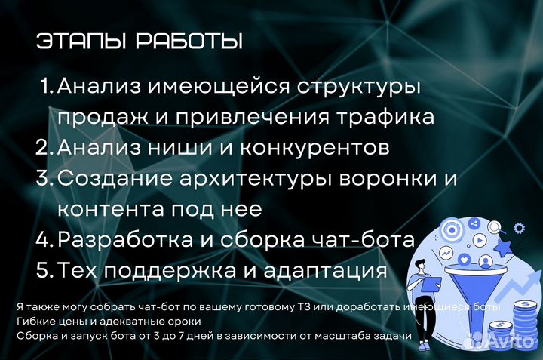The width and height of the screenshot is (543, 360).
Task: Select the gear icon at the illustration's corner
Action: click(519, 227)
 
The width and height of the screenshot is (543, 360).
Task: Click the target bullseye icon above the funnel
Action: click(452, 229)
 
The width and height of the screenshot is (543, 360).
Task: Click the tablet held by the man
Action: click(433, 282)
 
